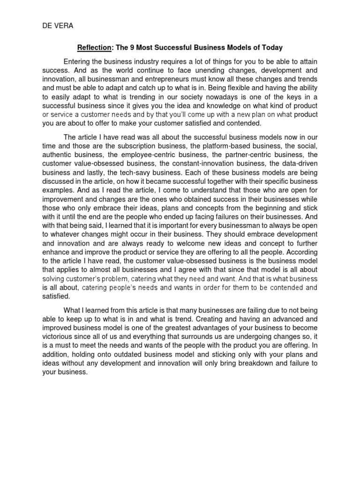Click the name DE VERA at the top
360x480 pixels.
55,26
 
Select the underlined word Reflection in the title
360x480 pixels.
93,48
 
